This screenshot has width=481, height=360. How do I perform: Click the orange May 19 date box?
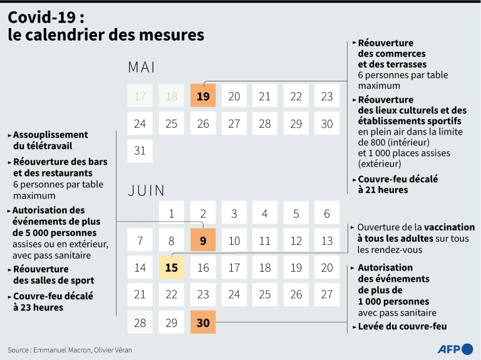[203, 96]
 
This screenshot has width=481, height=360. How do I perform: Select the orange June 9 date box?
[203, 240]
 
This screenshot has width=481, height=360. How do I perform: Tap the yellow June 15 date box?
[172, 267]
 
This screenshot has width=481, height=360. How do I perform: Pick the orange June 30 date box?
[203, 322]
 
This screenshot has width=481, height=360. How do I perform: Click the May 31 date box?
[140, 151]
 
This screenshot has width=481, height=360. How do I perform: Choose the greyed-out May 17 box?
[140, 96]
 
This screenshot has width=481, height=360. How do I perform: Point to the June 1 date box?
[172, 213]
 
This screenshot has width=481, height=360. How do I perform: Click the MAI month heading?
[141, 67]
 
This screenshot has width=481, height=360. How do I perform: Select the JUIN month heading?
[146, 190]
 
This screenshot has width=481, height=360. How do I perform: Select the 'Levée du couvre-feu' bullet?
[402, 326]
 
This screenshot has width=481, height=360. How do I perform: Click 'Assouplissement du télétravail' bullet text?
[50, 140]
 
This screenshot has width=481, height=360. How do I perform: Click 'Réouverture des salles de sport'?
[53, 274]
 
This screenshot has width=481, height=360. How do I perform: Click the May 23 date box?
[327, 96]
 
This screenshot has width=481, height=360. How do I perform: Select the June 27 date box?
[327, 294]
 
